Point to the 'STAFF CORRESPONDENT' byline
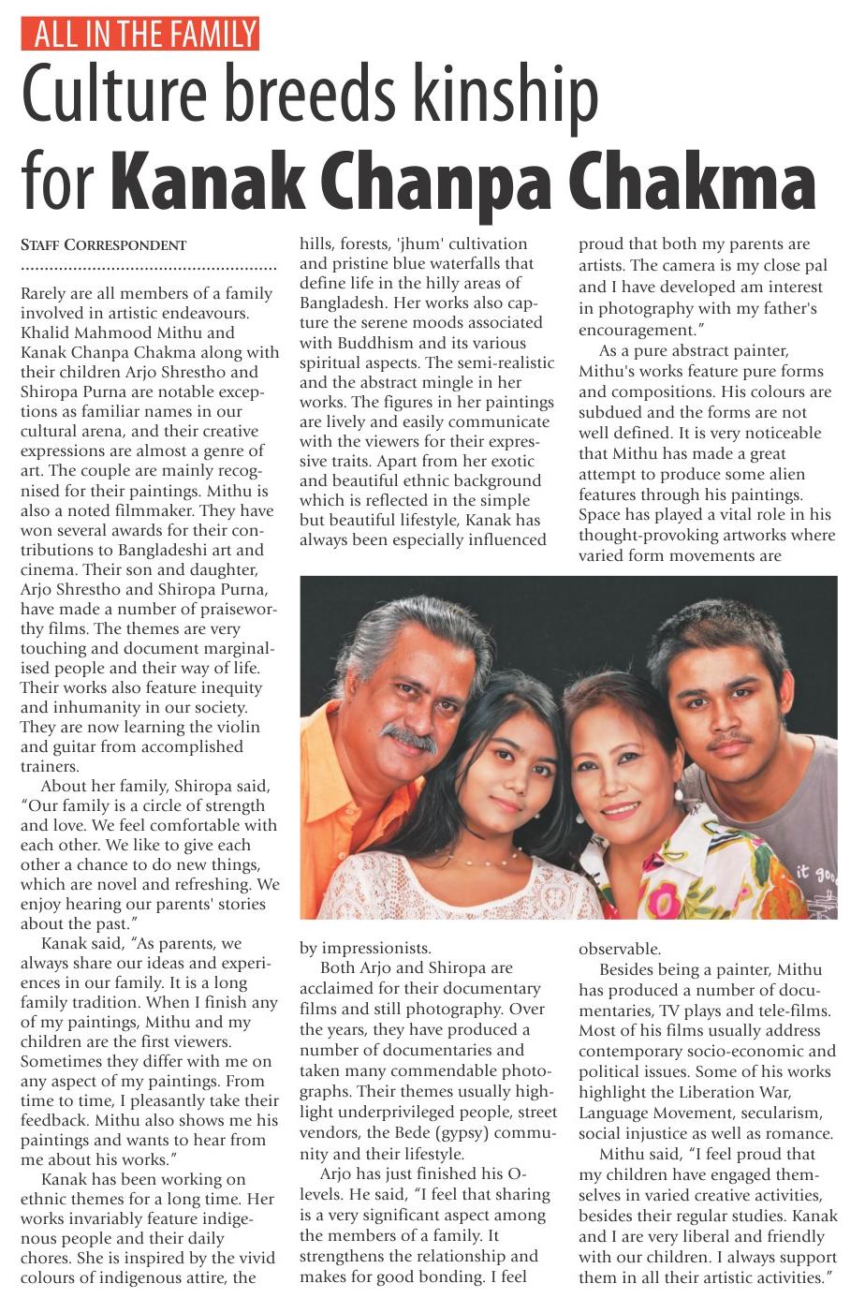(x=104, y=245)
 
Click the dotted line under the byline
(x=148, y=269)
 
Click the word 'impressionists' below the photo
(x=376, y=948)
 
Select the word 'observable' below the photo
(x=618, y=948)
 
